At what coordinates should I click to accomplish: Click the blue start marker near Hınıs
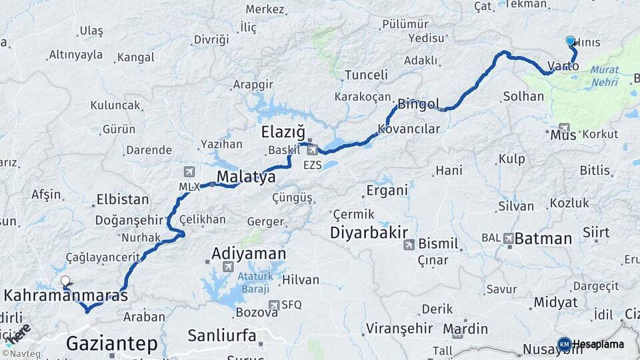(x=570, y=41)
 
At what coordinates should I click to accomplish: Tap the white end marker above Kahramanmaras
(x=65, y=281)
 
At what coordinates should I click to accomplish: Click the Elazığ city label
(x=282, y=131)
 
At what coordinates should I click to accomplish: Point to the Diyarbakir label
(x=369, y=232)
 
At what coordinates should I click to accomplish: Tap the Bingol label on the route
(x=419, y=104)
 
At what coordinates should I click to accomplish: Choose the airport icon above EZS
(x=312, y=150)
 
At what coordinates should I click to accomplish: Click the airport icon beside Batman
(x=509, y=238)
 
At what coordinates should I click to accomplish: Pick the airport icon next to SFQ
(x=273, y=305)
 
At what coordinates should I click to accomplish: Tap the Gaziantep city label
(x=111, y=344)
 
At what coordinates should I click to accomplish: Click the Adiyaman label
(x=249, y=253)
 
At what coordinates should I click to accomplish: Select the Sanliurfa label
(x=221, y=335)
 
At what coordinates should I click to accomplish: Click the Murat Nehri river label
(x=604, y=75)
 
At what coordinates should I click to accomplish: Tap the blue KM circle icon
(x=564, y=344)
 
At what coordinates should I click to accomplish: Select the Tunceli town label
(x=366, y=75)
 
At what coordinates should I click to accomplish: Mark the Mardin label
(x=465, y=329)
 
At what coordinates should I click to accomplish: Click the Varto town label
(x=563, y=66)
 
